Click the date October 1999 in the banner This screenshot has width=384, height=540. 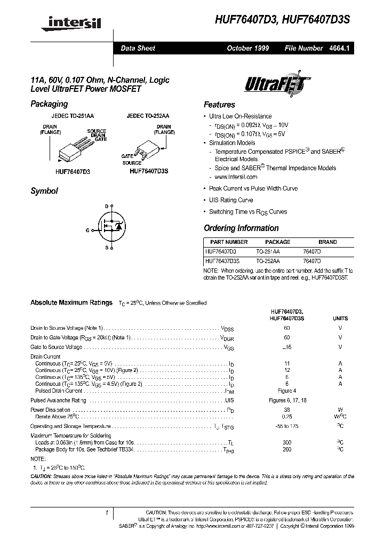pyautogui.click(x=248, y=48)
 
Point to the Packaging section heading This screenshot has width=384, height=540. pyautogui.click(x=49, y=104)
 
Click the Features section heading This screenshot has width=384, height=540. pyautogui.click(x=219, y=105)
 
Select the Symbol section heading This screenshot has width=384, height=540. pyautogui.click(x=44, y=191)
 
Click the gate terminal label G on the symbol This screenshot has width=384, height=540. pyautogui.click(x=87, y=231)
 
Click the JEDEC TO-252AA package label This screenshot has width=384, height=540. pyautogui.click(x=148, y=116)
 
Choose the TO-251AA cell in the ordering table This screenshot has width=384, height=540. pyautogui.click(x=268, y=250)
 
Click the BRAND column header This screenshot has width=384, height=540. pyautogui.click(x=327, y=242)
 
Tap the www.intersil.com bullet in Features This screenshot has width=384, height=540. pyautogui.click(x=236, y=177)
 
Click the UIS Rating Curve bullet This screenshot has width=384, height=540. pyautogui.click(x=231, y=200)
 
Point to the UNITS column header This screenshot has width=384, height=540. pyautogui.click(x=340, y=318)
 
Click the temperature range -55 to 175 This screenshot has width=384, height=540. pyautogui.click(x=287, y=426)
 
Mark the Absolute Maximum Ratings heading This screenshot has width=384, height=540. pyautogui.click(x=71, y=303)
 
